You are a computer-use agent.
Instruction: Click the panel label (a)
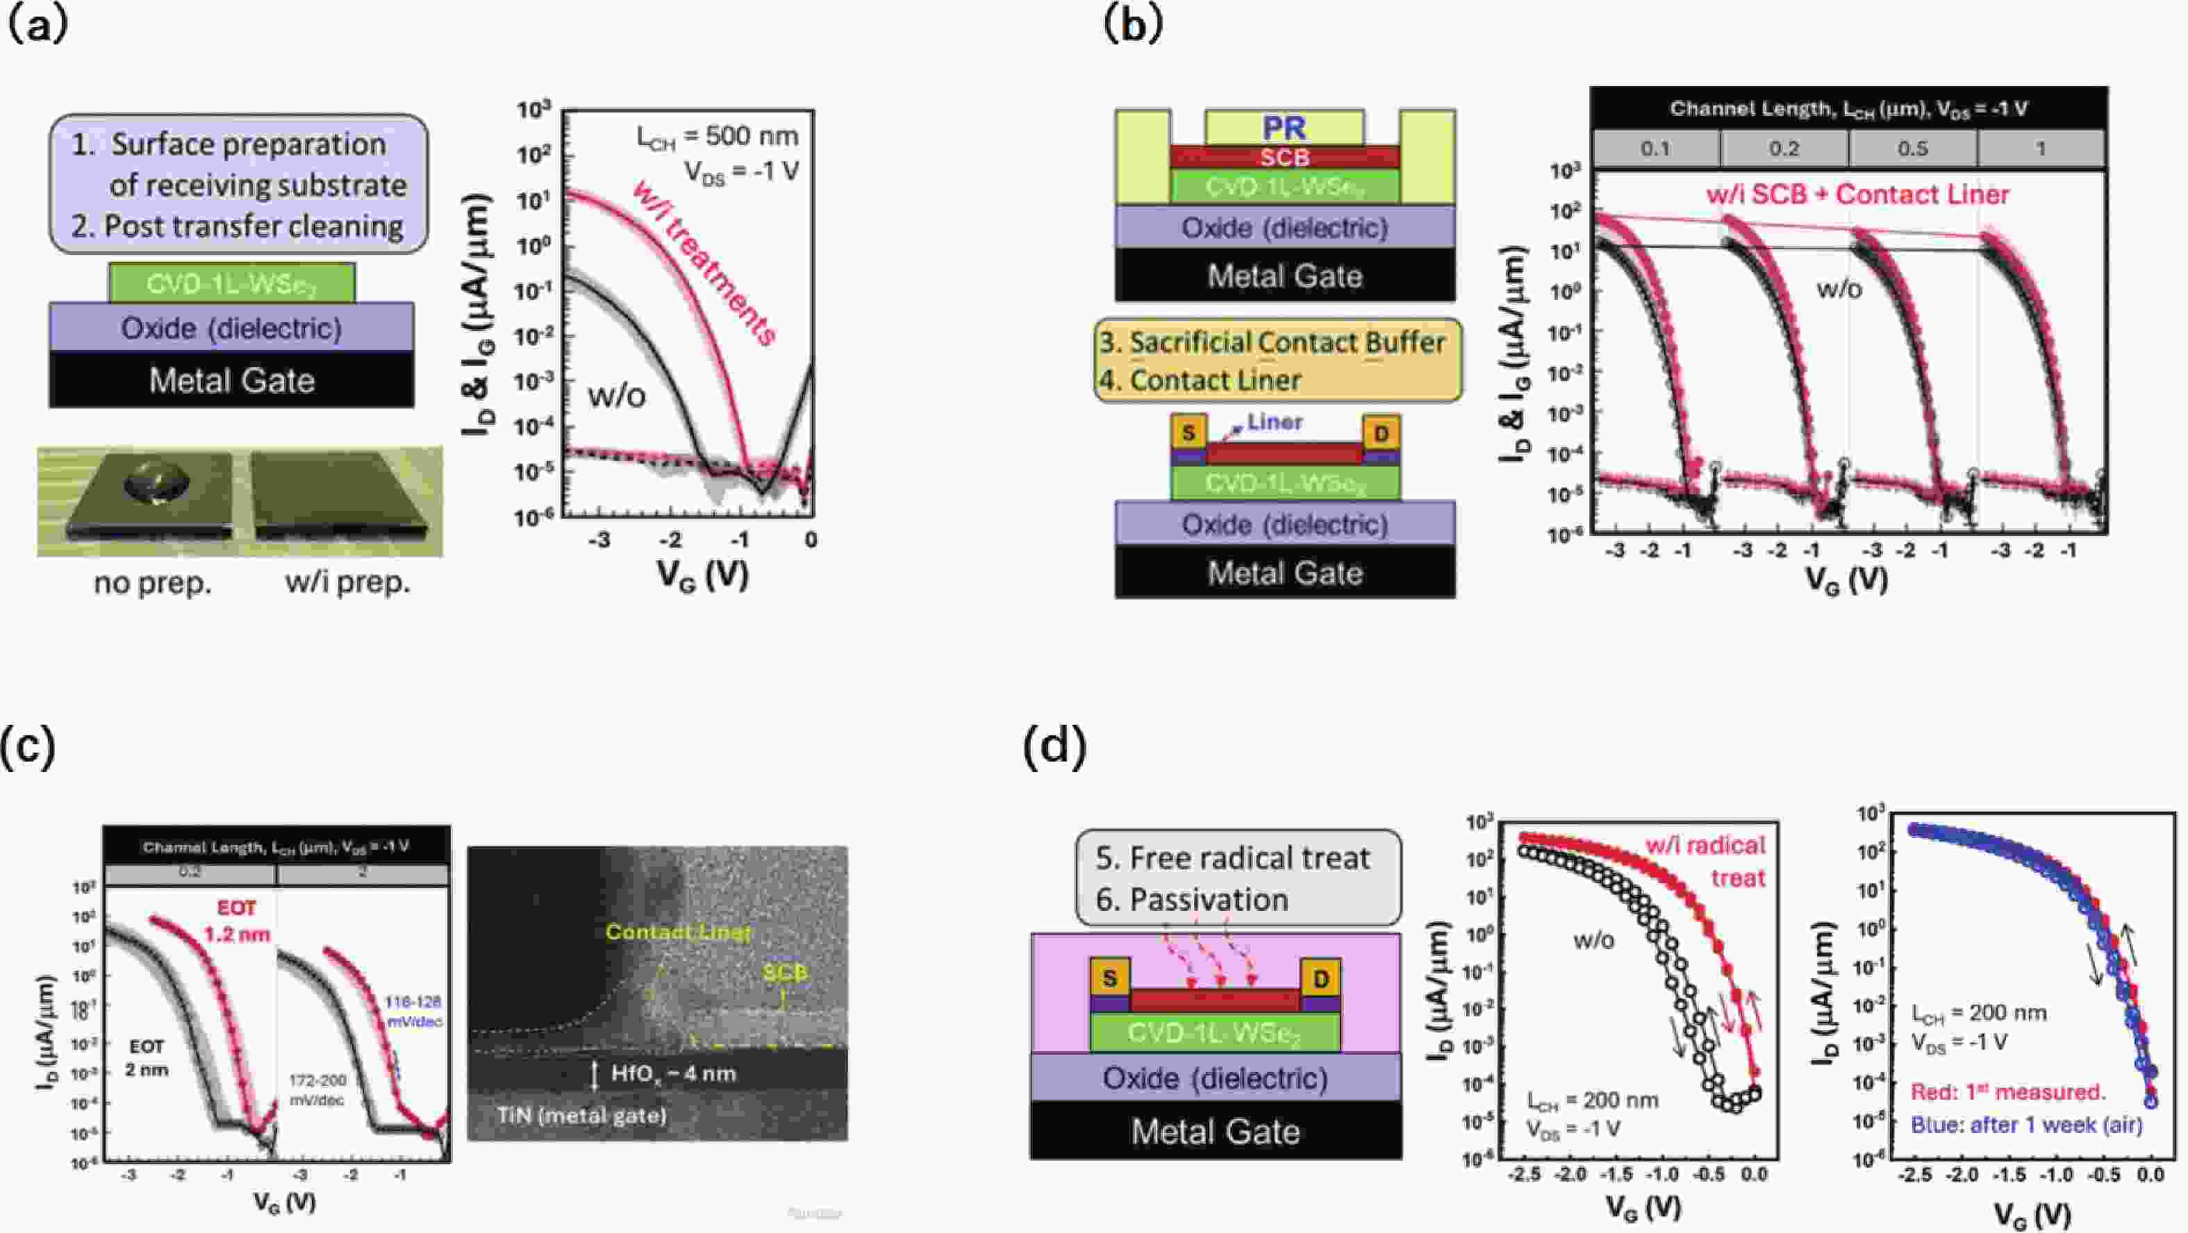point(35,26)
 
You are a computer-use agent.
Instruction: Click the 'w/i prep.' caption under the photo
point(347,582)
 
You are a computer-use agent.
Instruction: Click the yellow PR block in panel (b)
point(1284,127)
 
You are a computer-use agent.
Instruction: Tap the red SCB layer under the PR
point(1284,157)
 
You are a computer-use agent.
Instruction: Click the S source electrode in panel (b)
point(1188,433)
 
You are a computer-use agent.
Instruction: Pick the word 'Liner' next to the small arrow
point(1275,422)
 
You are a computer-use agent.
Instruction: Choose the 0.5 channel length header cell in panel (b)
point(1912,149)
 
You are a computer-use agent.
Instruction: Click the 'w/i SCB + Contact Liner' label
point(1857,194)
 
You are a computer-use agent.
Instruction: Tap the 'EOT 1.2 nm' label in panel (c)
point(236,921)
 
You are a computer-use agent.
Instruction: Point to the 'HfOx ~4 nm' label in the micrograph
point(672,1073)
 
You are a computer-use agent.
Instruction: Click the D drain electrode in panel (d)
point(1320,979)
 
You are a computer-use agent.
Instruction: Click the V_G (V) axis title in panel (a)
point(702,575)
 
